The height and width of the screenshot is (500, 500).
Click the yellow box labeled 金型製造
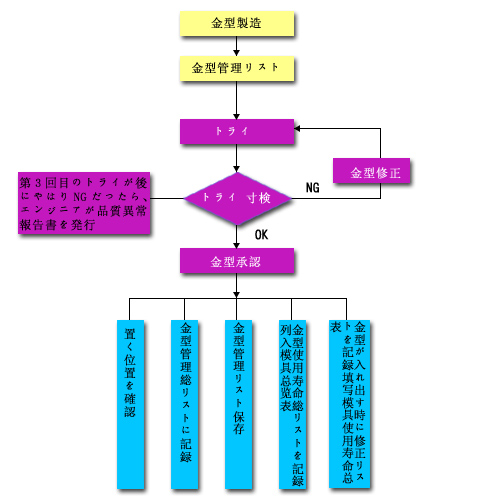point(237,23)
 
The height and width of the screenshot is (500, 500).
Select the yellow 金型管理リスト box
point(237,68)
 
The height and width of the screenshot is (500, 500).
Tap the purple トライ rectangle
point(237,131)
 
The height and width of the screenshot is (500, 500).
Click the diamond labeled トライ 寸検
point(237,199)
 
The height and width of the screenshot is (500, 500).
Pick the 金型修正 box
point(371,170)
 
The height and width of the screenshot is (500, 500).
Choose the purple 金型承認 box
point(237,261)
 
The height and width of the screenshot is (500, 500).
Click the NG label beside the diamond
point(313,188)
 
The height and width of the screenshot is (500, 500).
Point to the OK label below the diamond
point(261,235)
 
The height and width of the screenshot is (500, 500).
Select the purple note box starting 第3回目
point(84,203)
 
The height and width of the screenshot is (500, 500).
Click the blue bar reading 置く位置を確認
point(130,404)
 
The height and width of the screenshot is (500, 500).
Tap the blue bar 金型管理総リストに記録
point(184,404)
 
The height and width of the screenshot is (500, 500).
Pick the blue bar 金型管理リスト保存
point(238,404)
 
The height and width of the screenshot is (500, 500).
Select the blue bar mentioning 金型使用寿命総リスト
point(292,404)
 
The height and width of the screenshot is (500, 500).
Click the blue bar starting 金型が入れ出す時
point(349,404)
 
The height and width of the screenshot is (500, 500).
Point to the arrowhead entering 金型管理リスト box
point(237,53)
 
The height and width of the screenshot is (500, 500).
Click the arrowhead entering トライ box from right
point(297,129)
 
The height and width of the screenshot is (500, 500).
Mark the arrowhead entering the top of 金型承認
point(237,245)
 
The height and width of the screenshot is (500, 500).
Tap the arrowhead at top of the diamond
point(237,169)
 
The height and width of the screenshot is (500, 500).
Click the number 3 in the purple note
point(38,183)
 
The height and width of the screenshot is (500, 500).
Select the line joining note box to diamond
point(167,199)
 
